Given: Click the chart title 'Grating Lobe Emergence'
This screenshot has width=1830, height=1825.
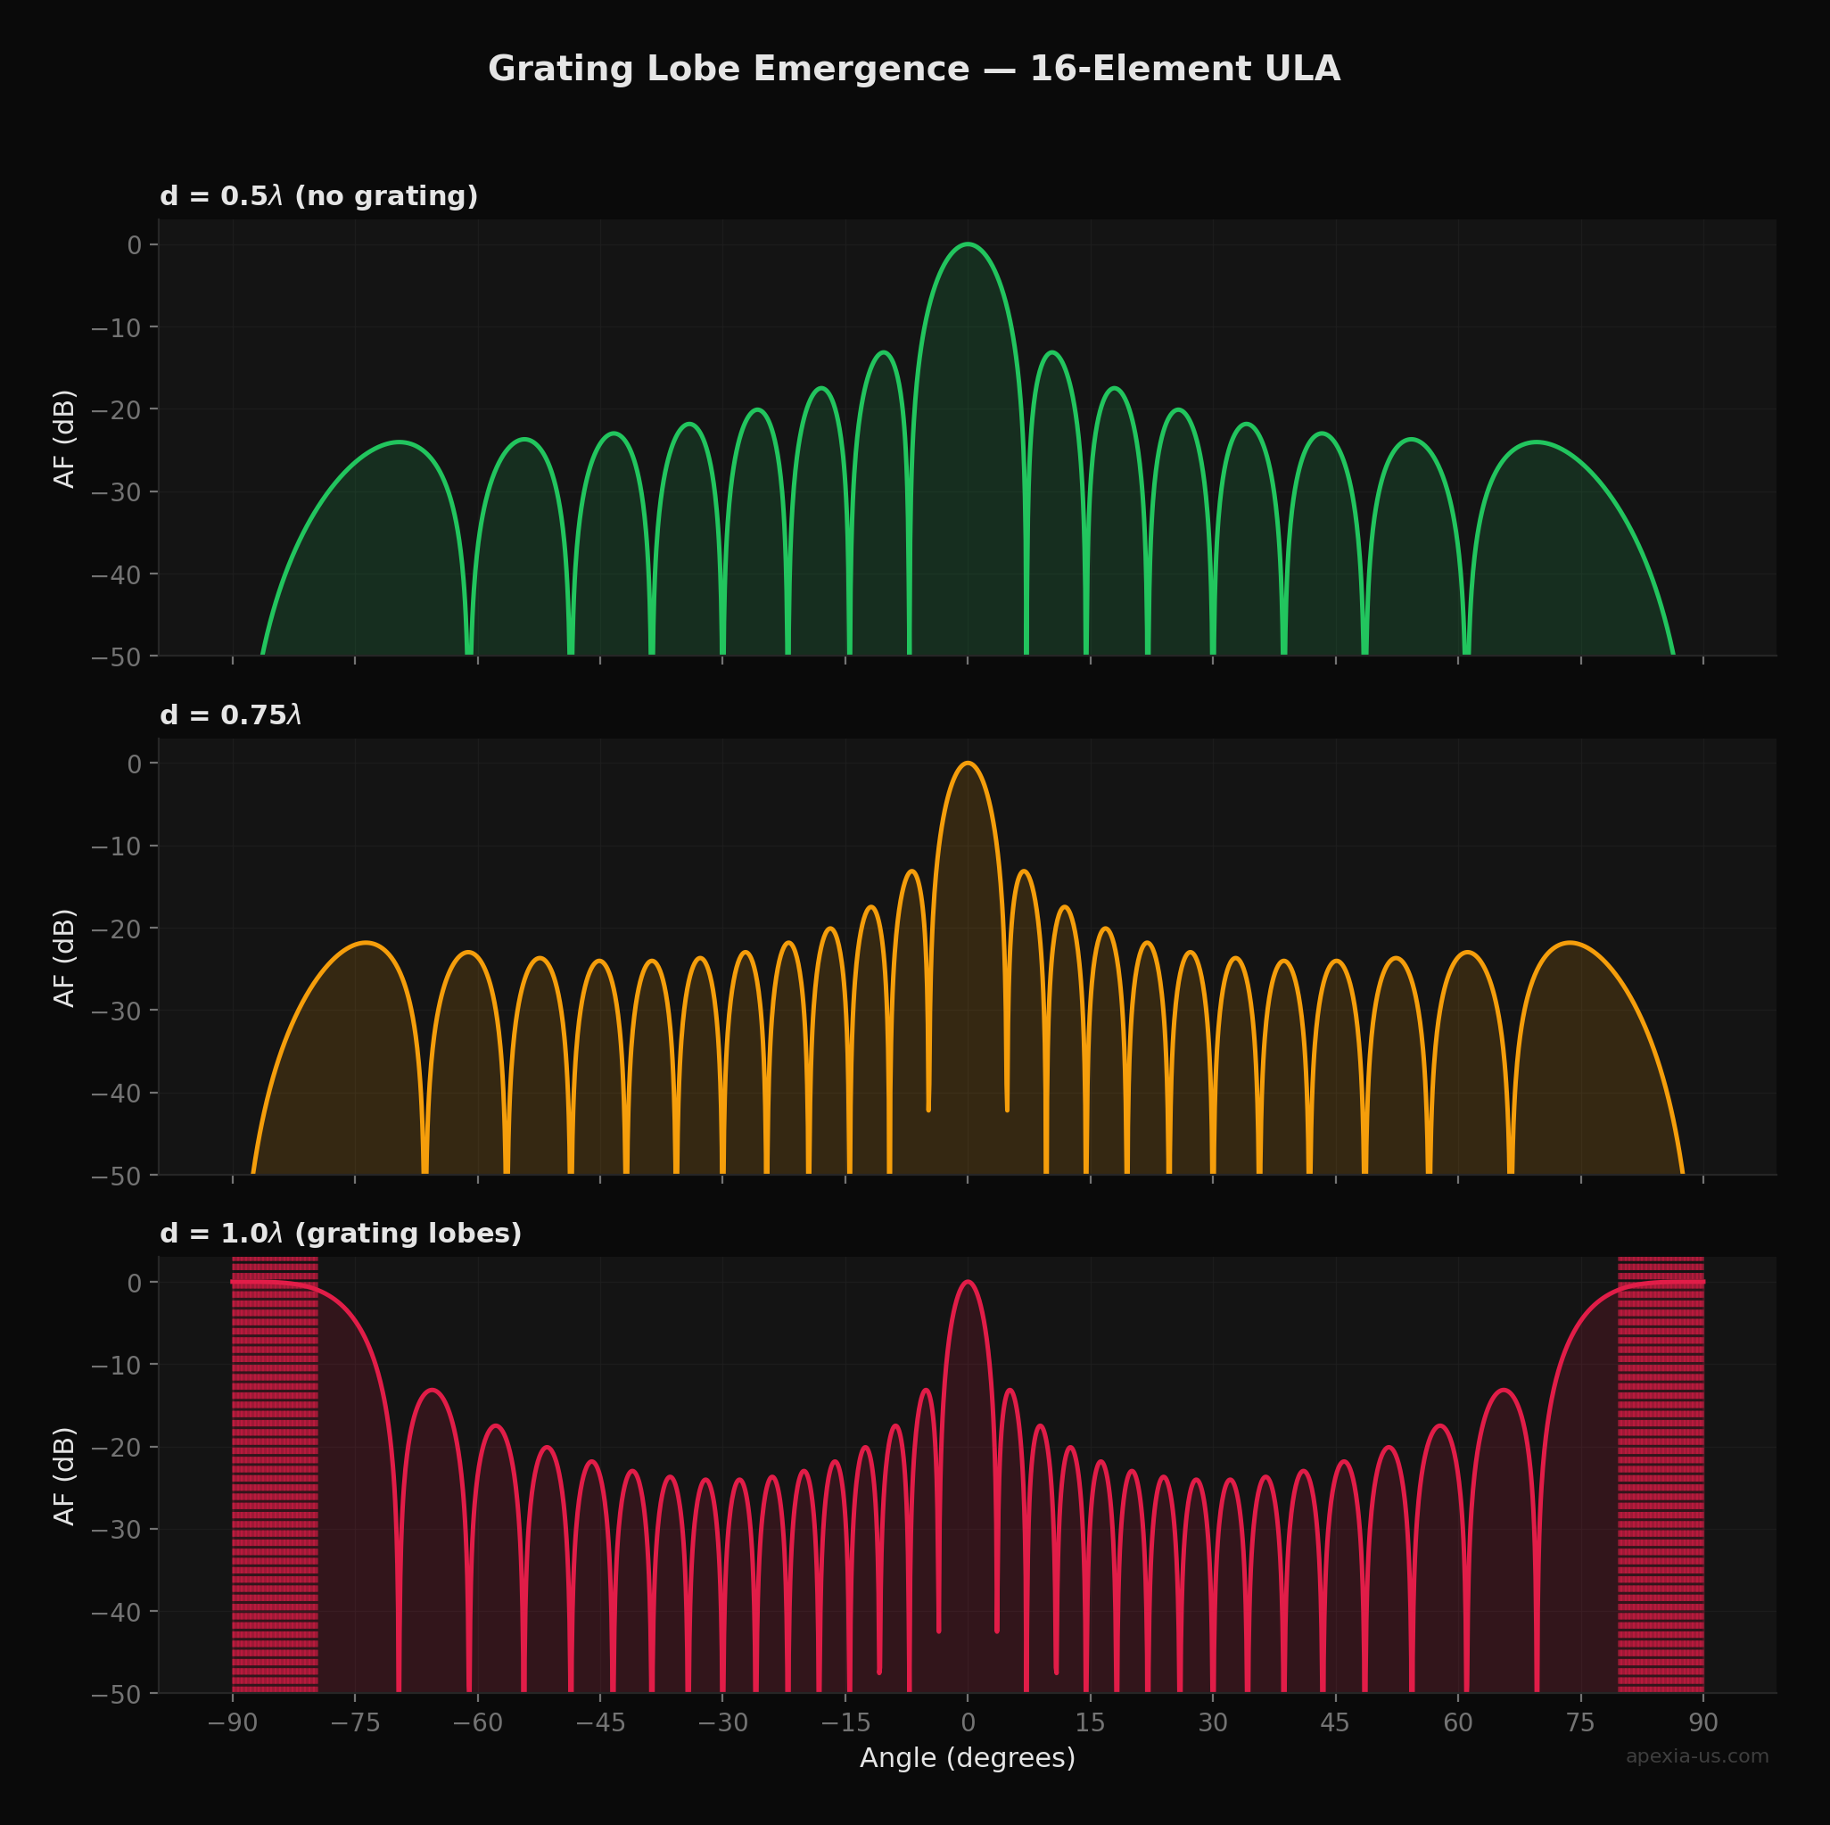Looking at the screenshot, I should click(913, 70).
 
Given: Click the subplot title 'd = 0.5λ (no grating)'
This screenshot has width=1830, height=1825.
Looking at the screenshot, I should click(318, 196).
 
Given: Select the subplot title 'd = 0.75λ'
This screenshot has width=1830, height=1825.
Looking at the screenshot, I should click(230, 715).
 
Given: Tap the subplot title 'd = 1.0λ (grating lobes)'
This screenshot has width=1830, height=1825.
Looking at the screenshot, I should click(340, 1234).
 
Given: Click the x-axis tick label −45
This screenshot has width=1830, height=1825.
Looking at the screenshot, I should click(599, 1722).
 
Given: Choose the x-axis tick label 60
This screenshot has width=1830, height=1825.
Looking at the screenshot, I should click(1458, 1722).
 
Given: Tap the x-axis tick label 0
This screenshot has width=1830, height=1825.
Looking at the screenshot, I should click(967, 1722).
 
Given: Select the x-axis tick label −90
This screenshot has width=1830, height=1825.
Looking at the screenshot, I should click(232, 1722).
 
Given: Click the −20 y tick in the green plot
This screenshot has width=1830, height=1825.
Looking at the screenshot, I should click(117, 409).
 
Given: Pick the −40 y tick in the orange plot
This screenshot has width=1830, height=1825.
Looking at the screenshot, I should click(117, 1094).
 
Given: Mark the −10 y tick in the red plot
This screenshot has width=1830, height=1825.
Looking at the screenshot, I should click(117, 1365).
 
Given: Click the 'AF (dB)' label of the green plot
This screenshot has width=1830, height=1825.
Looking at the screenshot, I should click(64, 439).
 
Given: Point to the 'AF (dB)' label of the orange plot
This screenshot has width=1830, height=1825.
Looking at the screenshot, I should click(64, 958).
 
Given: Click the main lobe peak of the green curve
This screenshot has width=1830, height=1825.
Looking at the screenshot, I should click(967, 244).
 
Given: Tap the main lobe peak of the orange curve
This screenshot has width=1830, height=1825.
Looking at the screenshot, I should click(967, 763).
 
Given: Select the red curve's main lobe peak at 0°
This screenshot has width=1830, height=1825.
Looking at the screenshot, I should click(967, 1282).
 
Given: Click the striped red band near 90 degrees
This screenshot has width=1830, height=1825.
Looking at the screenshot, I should click(1661, 1478).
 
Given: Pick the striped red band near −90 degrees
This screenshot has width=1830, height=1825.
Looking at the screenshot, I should click(275, 1478).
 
